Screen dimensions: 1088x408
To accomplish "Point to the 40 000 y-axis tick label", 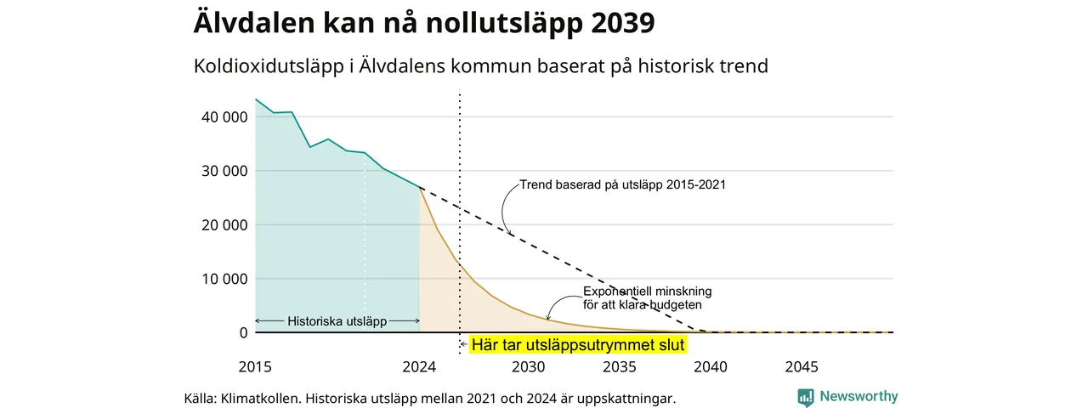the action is (224, 117).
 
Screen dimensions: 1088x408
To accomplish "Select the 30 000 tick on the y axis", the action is (224, 171).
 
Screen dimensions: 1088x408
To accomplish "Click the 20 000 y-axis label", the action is (224, 225).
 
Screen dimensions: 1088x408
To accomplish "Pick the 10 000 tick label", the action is (224, 279).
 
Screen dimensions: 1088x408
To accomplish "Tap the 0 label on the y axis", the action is (243, 332).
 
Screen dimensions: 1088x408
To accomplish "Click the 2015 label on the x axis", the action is (255, 366).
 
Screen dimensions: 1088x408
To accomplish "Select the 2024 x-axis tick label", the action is (419, 366).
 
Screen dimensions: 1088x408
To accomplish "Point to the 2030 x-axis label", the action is (529, 366).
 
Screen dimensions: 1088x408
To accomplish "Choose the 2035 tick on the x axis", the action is (620, 366).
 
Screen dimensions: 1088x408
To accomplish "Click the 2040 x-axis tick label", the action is (711, 366).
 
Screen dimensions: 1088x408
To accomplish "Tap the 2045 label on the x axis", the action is (802, 366).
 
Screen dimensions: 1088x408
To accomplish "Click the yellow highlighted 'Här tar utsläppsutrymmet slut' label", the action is (578, 345).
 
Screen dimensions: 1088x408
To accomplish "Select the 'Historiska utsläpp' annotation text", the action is (337, 321).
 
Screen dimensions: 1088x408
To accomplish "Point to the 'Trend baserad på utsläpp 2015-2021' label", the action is (623, 184).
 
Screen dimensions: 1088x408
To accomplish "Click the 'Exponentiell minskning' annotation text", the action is (648, 292).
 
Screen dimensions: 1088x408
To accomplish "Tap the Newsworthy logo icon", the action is (805, 397).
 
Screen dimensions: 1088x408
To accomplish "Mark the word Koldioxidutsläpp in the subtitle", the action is (269, 66).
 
